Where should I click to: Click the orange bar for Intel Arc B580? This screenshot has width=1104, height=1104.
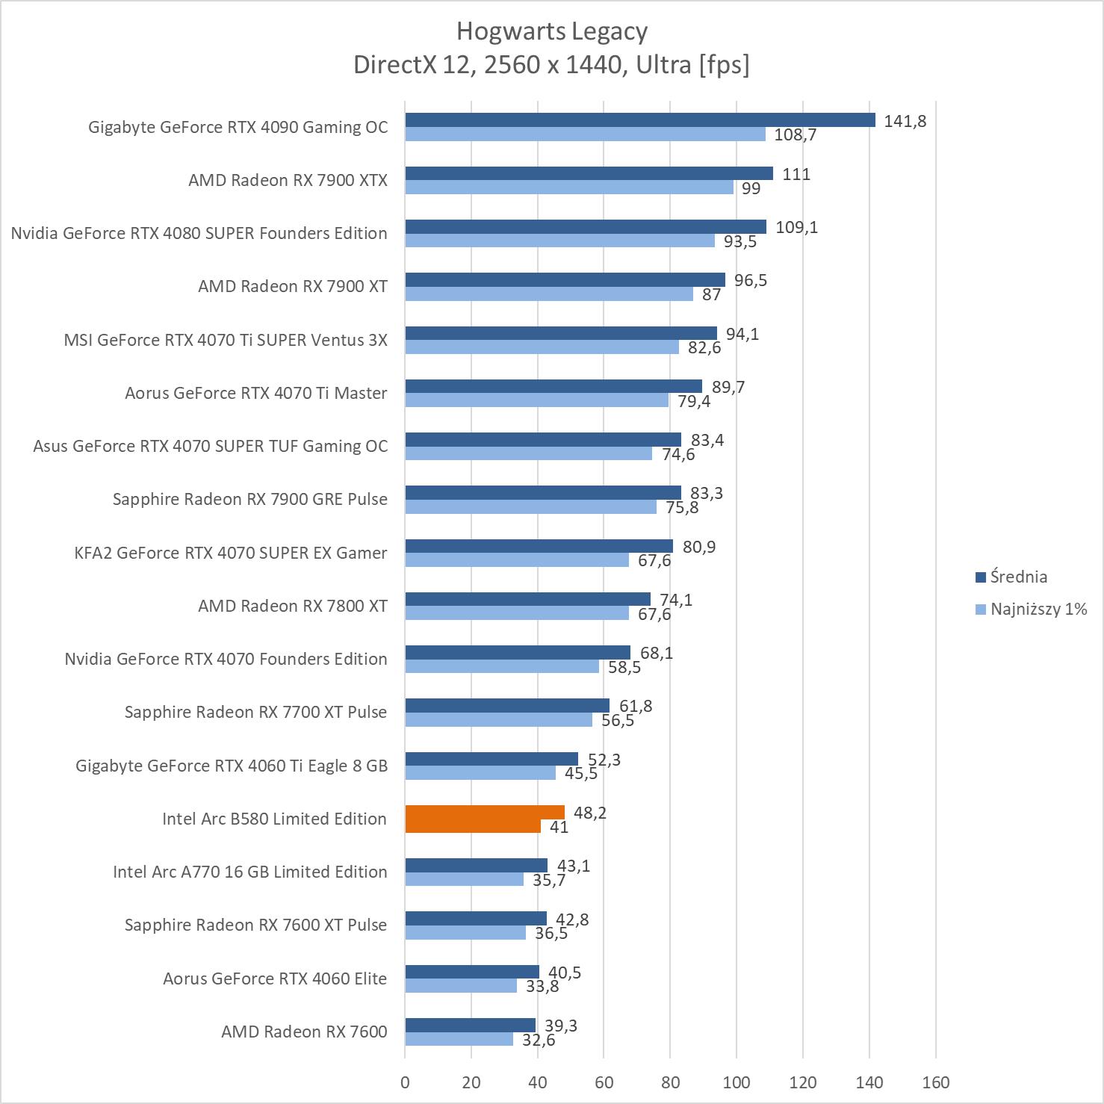pyautogui.click(x=484, y=813)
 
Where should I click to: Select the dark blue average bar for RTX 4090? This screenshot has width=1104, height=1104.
pyautogui.click(x=639, y=120)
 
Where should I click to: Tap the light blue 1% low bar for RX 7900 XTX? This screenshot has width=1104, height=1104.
pyautogui.click(x=569, y=187)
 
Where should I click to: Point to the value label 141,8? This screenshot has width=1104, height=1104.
pyautogui.click(x=905, y=121)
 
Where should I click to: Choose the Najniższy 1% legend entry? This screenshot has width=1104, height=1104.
pyautogui.click(x=1031, y=609)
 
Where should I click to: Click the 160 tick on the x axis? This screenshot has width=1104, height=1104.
pyautogui.click(x=935, y=1082)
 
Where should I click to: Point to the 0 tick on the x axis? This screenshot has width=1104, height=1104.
pyautogui.click(x=405, y=1082)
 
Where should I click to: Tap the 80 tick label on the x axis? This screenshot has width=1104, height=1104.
pyautogui.click(x=670, y=1082)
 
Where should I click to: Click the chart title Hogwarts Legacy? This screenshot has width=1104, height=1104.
pyautogui.click(x=552, y=31)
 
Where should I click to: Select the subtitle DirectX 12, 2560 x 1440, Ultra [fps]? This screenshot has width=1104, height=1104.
pyautogui.click(x=551, y=65)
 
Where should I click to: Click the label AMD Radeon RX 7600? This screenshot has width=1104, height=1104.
pyautogui.click(x=304, y=1032)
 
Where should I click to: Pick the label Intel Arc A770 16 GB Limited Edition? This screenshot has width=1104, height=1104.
pyautogui.click(x=250, y=872)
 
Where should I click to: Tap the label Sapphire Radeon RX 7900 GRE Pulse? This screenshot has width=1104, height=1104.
pyautogui.click(x=250, y=499)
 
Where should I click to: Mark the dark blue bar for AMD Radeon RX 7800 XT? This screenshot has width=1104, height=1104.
pyautogui.click(x=527, y=599)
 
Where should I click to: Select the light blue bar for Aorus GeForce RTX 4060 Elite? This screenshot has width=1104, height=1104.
pyautogui.click(x=461, y=986)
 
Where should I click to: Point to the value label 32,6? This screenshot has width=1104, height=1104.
pyautogui.click(x=539, y=1040)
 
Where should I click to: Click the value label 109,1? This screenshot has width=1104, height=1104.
pyautogui.click(x=796, y=227)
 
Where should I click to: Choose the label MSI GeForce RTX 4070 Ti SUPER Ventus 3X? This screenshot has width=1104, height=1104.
pyautogui.click(x=226, y=340)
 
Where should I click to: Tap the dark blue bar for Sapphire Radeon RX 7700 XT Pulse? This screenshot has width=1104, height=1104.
pyautogui.click(x=507, y=706)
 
